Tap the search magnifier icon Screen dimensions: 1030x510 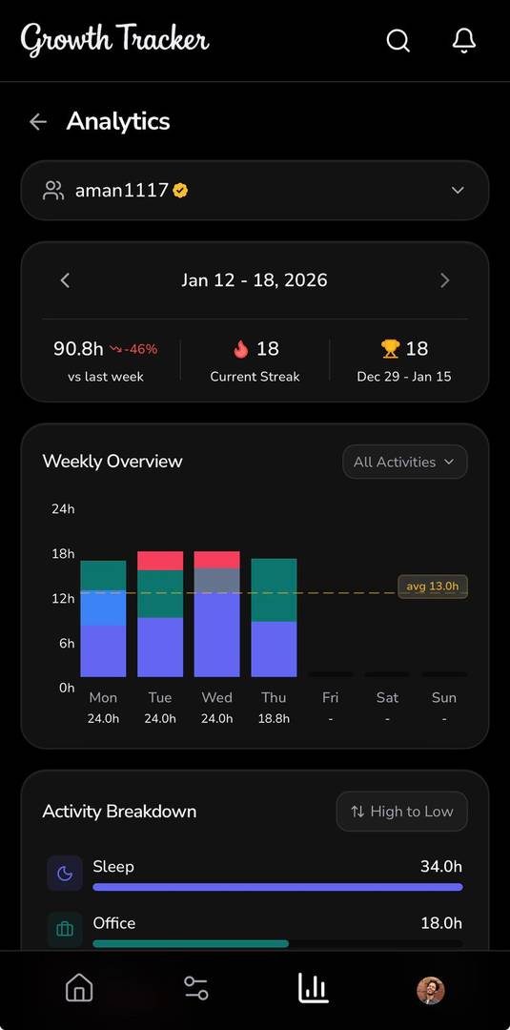(398, 40)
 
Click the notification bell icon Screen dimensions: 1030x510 (463, 40)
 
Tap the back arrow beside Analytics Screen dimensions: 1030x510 (38, 121)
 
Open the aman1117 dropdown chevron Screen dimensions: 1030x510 (458, 190)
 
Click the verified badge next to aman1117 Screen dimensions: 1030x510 (180, 190)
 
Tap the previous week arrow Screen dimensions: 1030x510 (65, 280)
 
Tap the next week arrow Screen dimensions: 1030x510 (444, 280)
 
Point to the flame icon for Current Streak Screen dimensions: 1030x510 (240, 349)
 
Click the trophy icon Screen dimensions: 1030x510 (390, 349)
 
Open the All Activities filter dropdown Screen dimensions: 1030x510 (404, 462)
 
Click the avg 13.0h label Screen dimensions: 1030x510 (432, 586)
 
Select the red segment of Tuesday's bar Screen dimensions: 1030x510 (160, 561)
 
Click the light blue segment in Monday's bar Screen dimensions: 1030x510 (103, 608)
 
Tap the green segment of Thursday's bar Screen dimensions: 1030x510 (274, 590)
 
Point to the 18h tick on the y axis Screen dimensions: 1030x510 (63, 554)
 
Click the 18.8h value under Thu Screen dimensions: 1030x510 (274, 718)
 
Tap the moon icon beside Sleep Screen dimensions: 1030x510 (65, 873)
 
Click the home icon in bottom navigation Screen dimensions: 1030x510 (79, 988)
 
